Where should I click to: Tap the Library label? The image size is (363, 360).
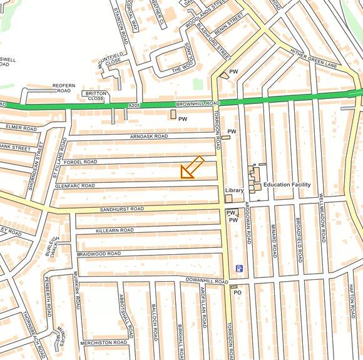[x=234, y=190]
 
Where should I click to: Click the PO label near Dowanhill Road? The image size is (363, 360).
[x=237, y=292]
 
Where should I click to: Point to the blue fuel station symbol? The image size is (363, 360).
[x=239, y=269]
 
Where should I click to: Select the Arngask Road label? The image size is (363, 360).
[x=149, y=136]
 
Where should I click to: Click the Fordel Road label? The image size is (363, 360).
[x=81, y=162]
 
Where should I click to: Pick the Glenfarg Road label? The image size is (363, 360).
[x=74, y=186]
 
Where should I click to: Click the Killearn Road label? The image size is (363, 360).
[x=115, y=230]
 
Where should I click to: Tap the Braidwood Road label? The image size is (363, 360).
[x=99, y=254]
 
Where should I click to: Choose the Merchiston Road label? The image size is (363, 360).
[x=104, y=342]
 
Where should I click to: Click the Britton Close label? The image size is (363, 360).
[x=95, y=96]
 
